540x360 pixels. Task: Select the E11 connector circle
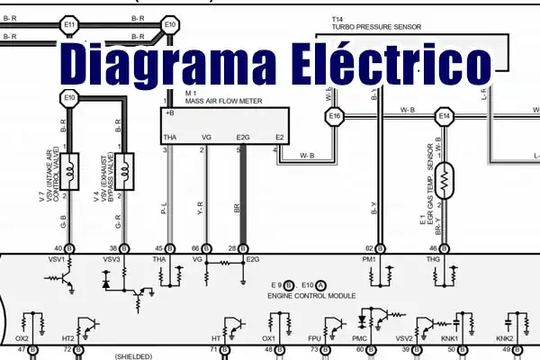(69, 22)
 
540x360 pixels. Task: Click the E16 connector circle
(336, 117)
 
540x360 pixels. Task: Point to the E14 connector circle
(444, 117)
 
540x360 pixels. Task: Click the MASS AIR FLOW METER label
(224, 102)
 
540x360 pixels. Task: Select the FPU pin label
(315, 337)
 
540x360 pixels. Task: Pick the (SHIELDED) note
(135, 356)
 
